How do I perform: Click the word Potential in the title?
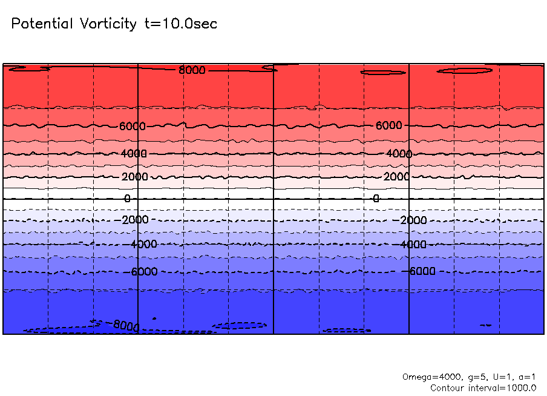tap(41, 24)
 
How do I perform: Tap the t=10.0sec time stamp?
tap(180, 24)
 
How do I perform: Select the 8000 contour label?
tap(192, 70)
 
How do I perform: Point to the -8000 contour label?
tap(125, 326)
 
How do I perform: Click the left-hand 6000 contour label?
tap(133, 126)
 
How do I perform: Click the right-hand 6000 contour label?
tap(388, 125)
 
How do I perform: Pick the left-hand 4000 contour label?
tap(134, 154)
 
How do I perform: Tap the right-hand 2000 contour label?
tap(396, 177)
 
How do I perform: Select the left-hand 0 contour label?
tap(127, 199)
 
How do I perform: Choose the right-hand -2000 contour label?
tap(414, 220)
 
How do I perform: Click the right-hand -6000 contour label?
tap(422, 271)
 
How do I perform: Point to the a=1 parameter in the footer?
tap(524, 377)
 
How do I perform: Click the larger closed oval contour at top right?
tap(465, 71)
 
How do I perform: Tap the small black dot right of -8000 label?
tap(154, 318)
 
